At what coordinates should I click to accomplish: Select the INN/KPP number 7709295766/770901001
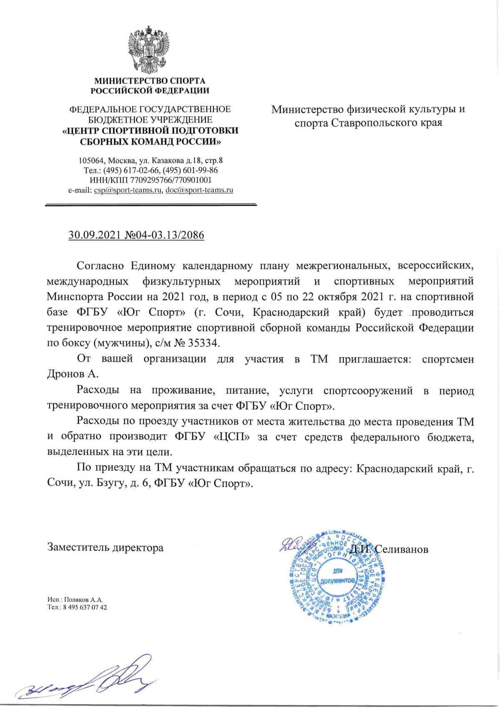point(171,180)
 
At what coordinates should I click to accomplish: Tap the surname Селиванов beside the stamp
point(402,549)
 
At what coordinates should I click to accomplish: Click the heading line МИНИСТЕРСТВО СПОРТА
point(150,81)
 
